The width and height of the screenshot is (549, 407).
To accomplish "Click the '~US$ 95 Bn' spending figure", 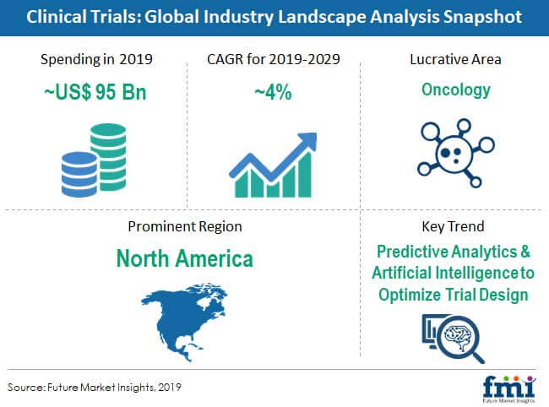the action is click(95, 92).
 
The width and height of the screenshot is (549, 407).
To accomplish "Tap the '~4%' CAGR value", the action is click(273, 92).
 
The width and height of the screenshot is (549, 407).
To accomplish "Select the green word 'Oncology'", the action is click(456, 90).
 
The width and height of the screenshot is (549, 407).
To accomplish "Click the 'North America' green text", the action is click(184, 258).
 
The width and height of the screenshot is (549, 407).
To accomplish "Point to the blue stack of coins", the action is click(79, 174).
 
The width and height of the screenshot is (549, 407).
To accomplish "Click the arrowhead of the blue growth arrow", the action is click(308, 142).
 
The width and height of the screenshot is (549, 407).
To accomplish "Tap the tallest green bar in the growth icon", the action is click(305, 174).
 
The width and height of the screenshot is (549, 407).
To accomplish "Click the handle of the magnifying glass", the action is click(477, 356).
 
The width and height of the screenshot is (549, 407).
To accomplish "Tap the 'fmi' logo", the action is click(509, 388).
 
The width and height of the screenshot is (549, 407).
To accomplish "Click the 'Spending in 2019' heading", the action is click(96, 59).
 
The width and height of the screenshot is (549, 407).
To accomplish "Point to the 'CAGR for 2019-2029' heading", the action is click(274, 59).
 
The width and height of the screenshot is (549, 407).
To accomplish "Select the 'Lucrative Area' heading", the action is click(455, 59).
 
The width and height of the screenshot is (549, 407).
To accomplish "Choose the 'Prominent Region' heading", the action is click(185, 226).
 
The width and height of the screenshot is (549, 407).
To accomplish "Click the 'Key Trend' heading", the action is click(453, 226).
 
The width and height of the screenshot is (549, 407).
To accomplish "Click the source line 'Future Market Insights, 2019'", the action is click(114, 387).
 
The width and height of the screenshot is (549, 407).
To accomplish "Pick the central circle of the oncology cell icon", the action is click(454, 154).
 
